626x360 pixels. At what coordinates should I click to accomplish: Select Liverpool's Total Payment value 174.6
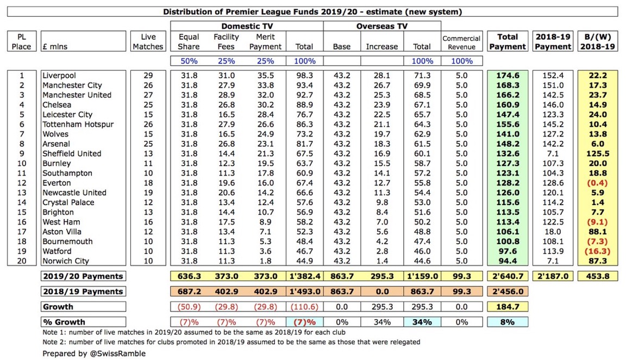[507, 76]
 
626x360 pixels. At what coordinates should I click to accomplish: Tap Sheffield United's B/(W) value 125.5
[598, 154]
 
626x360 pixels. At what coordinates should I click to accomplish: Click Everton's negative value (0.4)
[598, 183]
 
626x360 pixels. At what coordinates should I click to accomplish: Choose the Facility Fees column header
[227, 42]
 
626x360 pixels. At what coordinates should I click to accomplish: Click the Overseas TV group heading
[382, 26]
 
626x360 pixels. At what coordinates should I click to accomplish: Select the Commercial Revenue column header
[461, 42]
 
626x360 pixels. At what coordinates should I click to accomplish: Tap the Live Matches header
[148, 42]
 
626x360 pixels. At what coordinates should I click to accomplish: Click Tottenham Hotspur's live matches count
[148, 125]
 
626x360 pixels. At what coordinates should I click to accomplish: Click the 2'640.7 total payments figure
[507, 276]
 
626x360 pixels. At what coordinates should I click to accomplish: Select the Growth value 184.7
[507, 307]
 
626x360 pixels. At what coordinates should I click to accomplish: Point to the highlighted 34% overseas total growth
[422, 322]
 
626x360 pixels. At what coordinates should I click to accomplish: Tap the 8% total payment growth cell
[507, 322]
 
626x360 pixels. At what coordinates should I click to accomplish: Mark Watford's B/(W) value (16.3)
[598, 252]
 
